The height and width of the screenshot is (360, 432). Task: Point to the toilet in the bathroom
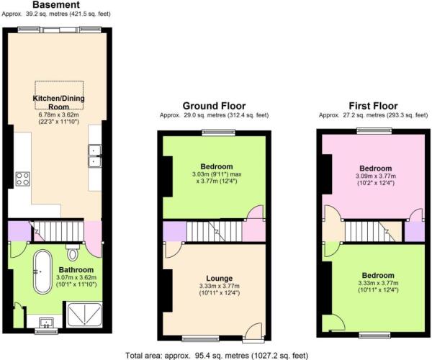click(72, 253)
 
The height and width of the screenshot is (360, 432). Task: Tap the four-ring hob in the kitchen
click(22, 179)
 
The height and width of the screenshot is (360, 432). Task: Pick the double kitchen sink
click(94, 156)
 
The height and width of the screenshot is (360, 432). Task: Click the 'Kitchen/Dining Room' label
click(55, 102)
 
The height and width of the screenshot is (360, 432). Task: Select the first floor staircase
click(367, 231)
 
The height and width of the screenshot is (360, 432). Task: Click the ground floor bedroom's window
click(214, 132)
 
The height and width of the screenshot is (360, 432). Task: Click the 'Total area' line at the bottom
click(216, 354)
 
